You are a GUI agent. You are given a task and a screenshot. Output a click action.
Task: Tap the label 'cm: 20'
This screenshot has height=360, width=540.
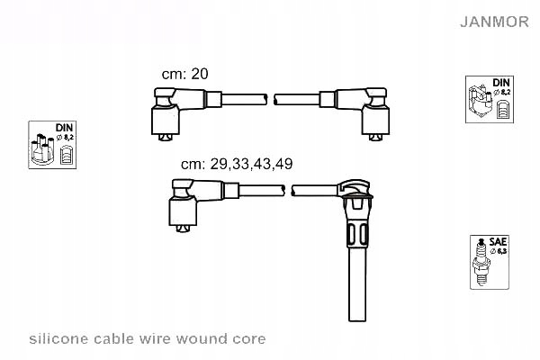pos(184,75)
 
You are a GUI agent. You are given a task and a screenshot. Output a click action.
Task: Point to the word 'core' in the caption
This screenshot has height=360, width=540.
pos(248,339)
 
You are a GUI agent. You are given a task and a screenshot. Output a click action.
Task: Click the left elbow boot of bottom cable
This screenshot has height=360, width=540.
pos(183,204)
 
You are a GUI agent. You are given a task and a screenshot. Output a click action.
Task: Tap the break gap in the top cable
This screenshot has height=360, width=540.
pos(271,99)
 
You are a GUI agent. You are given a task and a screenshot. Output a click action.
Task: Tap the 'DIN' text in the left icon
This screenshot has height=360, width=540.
pos(64,128)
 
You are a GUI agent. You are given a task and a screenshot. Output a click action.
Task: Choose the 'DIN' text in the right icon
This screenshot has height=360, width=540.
pos(501,83)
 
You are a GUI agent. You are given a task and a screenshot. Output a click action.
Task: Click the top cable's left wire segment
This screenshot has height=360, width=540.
pos(234,99)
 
